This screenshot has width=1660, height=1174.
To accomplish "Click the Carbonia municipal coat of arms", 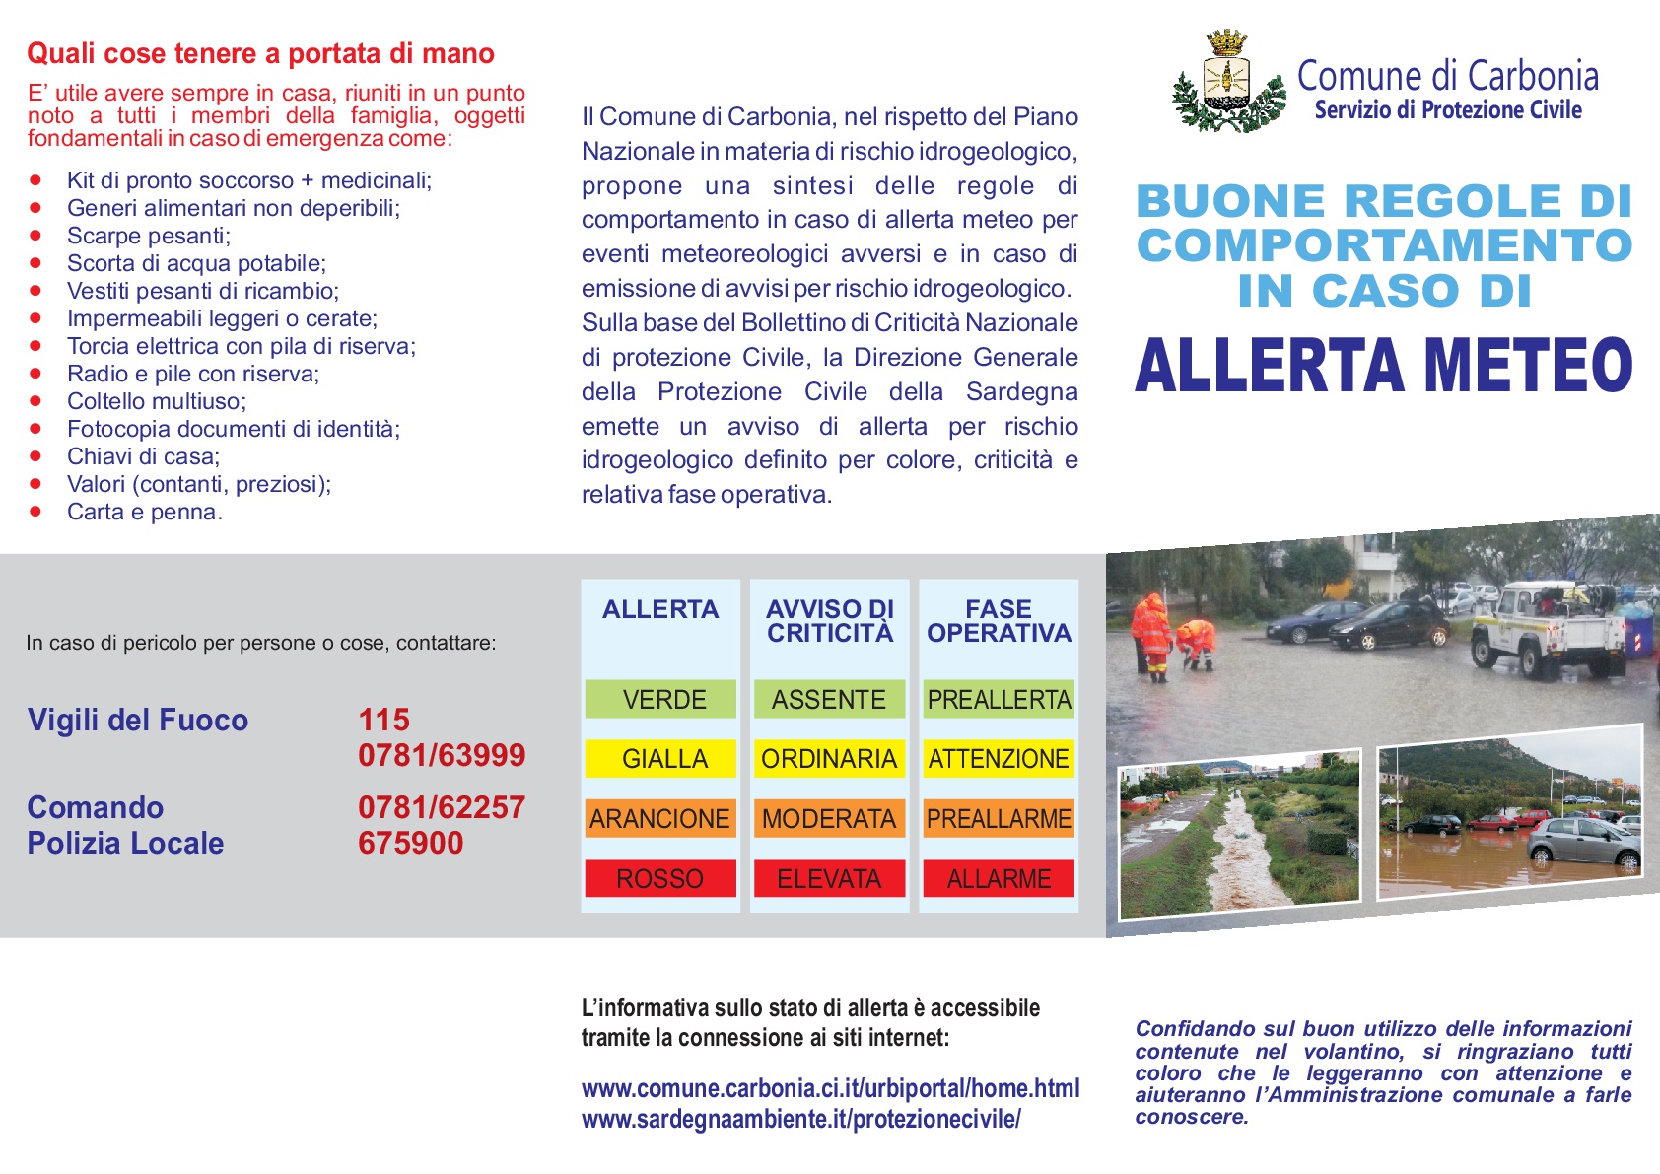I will point(1227,82).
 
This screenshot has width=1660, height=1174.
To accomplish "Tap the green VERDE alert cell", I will point(660,699).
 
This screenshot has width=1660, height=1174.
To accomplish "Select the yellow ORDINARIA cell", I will point(829,759).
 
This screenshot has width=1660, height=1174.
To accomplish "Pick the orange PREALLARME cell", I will point(999,819).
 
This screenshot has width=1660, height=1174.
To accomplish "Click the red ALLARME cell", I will point(999,878).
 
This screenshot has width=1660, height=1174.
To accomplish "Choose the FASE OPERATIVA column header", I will point(999,621).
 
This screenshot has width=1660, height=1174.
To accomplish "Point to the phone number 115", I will point(383,720).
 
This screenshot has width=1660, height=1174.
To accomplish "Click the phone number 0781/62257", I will point(441,807).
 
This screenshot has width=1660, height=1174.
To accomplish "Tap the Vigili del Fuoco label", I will point(138,720).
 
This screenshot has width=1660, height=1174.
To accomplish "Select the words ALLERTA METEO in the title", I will point(1384,366).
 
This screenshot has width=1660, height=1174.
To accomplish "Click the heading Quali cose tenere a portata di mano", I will point(260,53).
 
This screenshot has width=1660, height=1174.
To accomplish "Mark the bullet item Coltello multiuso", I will point(156,401).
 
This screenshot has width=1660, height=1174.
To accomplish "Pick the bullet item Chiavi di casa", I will point(143,456).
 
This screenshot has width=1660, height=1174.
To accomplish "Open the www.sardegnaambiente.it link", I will point(800,1119).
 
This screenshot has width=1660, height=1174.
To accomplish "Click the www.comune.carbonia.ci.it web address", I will point(830,1088).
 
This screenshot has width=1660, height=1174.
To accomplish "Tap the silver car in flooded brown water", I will point(1581,843).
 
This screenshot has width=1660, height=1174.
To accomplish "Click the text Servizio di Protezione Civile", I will point(1447,110).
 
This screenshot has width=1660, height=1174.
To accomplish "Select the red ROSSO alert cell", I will point(660,878).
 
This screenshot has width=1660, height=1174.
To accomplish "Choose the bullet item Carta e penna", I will point(144,512).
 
